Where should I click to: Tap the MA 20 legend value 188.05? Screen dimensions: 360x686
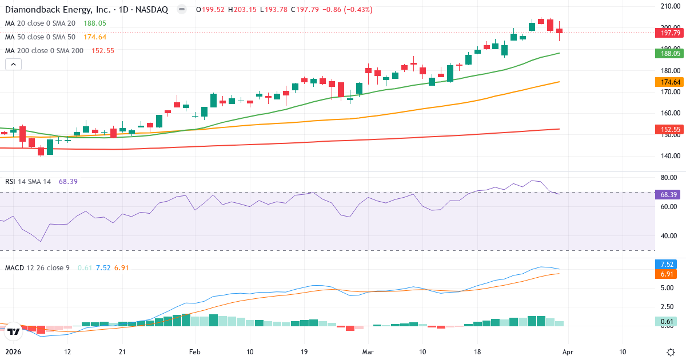click(x=95, y=23)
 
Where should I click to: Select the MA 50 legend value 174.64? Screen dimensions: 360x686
click(x=95, y=37)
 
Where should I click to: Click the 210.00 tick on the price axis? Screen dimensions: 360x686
click(x=669, y=6)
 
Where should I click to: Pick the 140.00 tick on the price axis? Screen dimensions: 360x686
click(x=669, y=155)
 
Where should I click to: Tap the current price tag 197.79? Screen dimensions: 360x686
click(x=669, y=33)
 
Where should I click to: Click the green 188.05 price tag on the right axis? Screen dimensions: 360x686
click(x=669, y=53)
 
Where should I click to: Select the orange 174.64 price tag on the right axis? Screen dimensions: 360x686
click(x=669, y=82)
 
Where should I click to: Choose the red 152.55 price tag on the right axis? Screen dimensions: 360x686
click(x=669, y=130)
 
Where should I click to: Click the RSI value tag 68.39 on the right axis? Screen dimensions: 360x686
click(x=669, y=195)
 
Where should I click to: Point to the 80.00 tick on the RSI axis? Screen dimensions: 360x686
click(x=669, y=178)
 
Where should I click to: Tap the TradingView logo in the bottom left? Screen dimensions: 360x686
click(x=14, y=331)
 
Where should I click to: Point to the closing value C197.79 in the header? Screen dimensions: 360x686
click(x=309, y=10)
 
